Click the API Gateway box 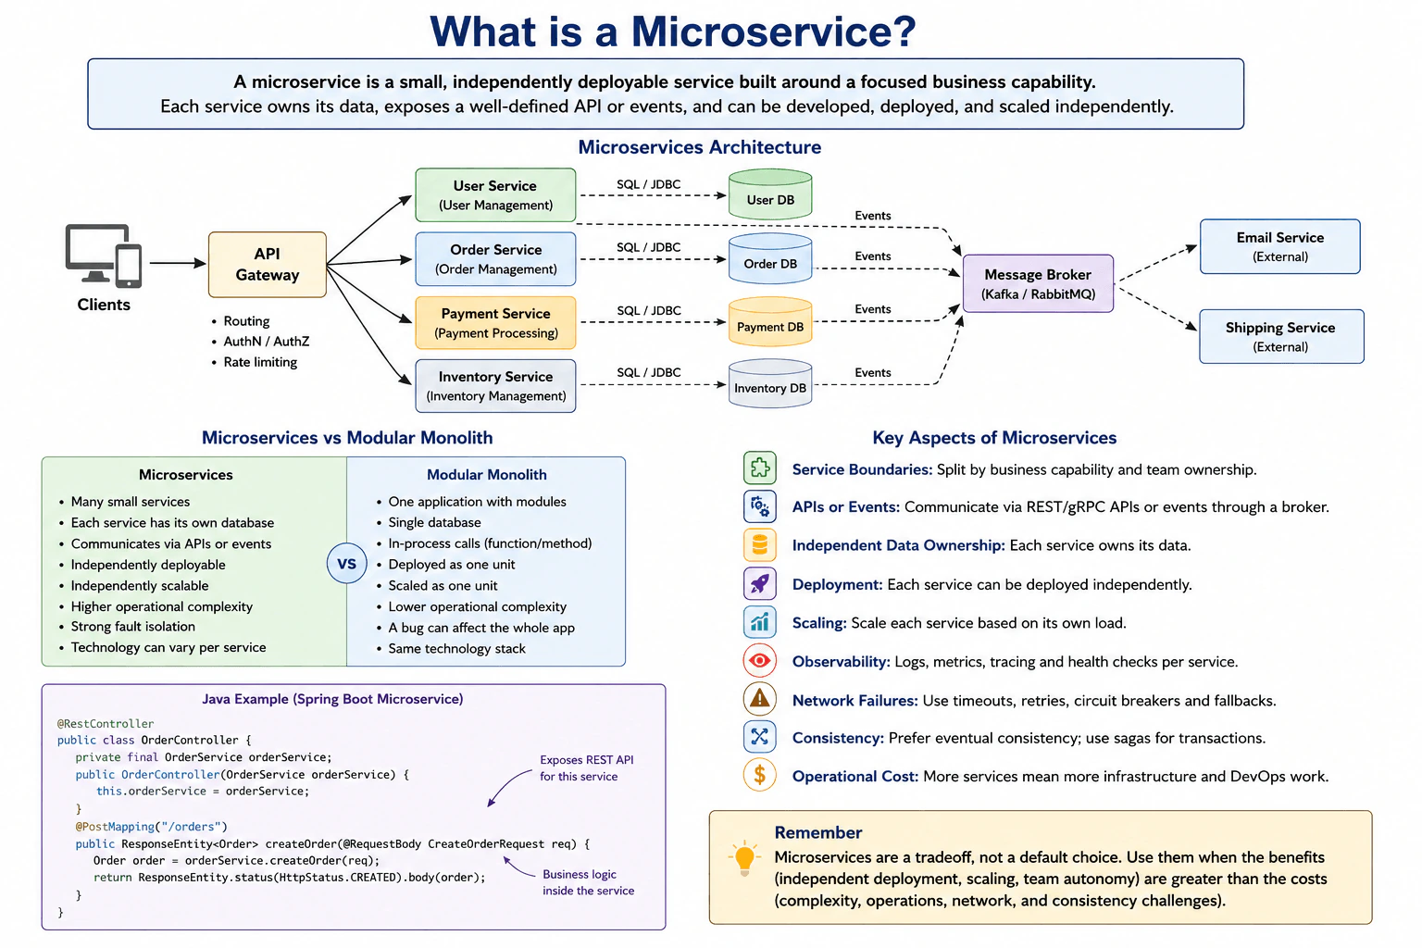coord(268,264)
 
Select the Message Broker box coord(1038,283)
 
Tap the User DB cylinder coord(770,194)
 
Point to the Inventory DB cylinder coord(770,383)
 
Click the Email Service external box coord(1279,246)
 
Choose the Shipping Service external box coord(1281,337)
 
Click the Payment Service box coord(496,322)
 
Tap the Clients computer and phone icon coord(104,256)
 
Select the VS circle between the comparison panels coord(346,563)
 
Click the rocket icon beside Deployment coord(760,583)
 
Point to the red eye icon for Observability coord(760,661)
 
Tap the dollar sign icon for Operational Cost coord(760,775)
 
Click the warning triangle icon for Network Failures coord(760,699)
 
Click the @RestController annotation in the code coord(106,723)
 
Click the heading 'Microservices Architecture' coord(700,147)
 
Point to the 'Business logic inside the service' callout coord(588,882)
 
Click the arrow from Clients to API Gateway coord(178,263)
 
